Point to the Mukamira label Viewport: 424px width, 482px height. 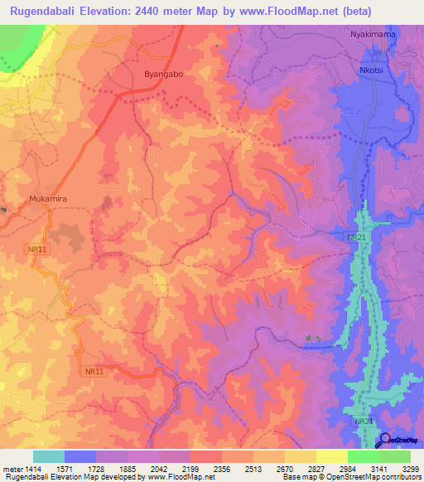(46, 199)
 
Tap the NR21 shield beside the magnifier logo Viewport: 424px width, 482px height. (362, 422)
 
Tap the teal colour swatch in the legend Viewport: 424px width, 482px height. (48, 456)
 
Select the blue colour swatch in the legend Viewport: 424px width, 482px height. (79, 456)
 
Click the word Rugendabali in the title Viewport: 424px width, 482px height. (46, 12)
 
